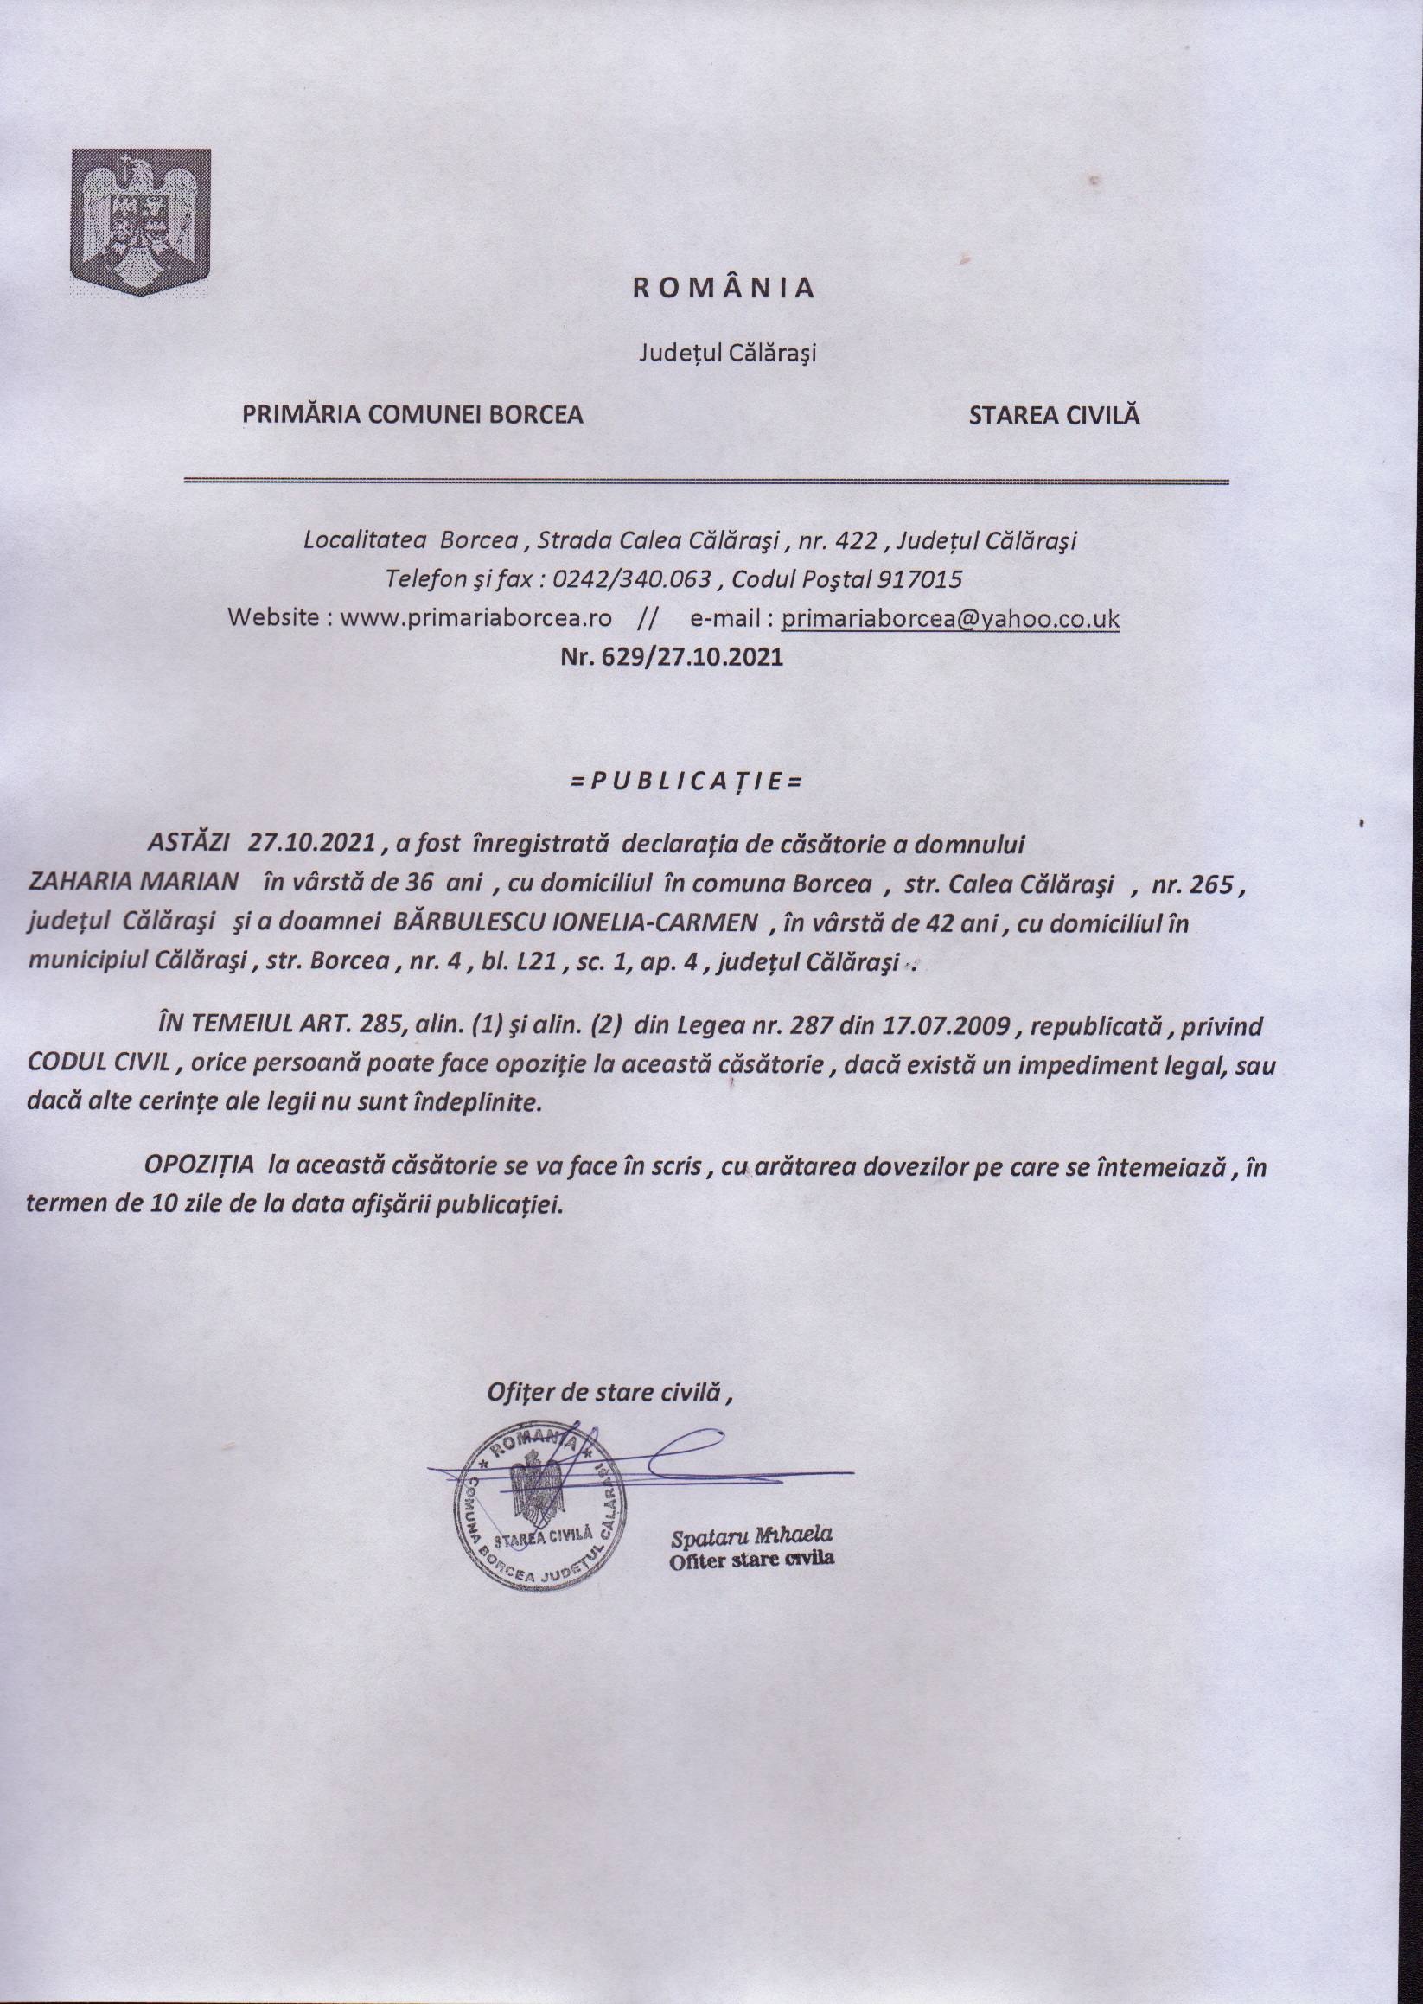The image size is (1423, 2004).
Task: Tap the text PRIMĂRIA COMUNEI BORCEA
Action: tap(412, 414)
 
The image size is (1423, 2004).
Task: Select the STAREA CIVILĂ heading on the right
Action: tap(1054, 414)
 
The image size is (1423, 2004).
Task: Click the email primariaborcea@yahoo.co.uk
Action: tap(950, 618)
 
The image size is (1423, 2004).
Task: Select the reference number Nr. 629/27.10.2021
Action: tap(671, 657)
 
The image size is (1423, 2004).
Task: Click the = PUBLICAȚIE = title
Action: tap(686, 782)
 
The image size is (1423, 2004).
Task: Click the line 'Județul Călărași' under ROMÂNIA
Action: tap(726, 354)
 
